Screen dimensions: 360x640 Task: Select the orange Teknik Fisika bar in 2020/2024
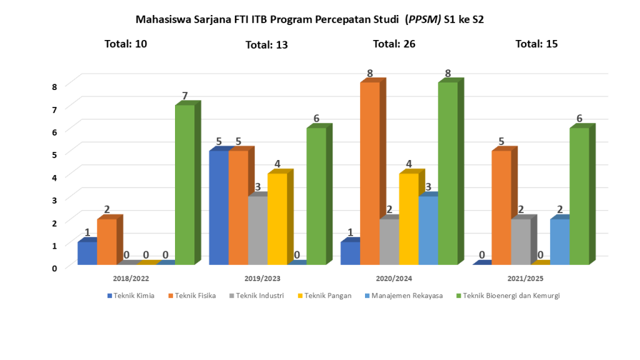click(370, 173)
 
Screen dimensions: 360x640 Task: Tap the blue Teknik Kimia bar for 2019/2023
click(219, 207)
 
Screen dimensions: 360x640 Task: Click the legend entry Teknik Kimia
click(134, 296)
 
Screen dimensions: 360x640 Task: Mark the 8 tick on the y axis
click(54, 86)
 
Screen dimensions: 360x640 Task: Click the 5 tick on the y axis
click(54, 154)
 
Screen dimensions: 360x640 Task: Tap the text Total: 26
click(394, 44)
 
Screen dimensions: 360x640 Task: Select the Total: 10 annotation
click(127, 44)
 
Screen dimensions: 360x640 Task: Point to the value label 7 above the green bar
click(185, 96)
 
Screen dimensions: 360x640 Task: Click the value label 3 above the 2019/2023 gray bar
click(257, 187)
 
